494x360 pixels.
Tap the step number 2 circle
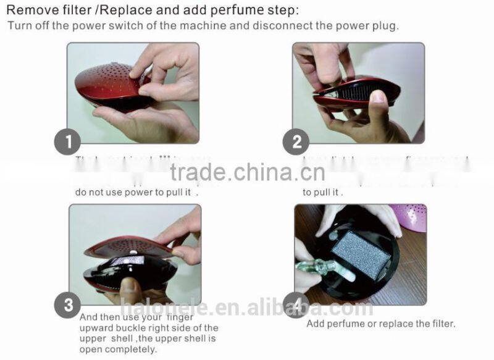(296, 143)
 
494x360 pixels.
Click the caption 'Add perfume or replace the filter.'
(380, 324)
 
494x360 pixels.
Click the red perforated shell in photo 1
(108, 83)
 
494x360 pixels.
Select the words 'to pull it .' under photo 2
(322, 192)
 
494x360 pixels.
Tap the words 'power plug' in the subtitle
(374, 26)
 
